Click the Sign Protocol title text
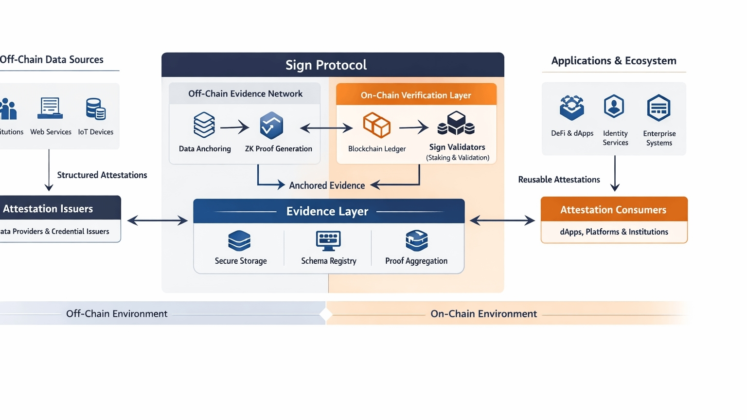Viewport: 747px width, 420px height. click(x=326, y=65)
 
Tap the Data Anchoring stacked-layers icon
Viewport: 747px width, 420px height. click(x=204, y=125)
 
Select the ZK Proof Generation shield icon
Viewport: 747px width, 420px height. click(x=271, y=126)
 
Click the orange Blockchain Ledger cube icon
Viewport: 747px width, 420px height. click(x=377, y=125)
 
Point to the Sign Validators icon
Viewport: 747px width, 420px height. click(x=456, y=124)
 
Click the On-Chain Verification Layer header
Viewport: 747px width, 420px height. click(x=416, y=95)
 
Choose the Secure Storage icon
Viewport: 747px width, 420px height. click(x=239, y=240)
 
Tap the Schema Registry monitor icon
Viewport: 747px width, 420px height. click(x=328, y=240)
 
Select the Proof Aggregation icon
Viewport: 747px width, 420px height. click(x=417, y=240)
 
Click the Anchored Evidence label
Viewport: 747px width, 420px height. click(x=327, y=185)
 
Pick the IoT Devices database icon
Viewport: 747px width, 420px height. click(x=95, y=109)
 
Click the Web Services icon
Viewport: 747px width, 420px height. click(x=50, y=108)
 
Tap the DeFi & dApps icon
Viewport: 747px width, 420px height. click(x=572, y=108)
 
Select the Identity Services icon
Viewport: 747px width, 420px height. click(x=614, y=107)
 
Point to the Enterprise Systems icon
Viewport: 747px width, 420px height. click(x=659, y=108)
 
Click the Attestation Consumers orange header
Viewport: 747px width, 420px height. click(x=614, y=210)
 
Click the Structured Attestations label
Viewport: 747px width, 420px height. click(x=102, y=175)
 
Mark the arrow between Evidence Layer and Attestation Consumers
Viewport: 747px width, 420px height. click(x=502, y=221)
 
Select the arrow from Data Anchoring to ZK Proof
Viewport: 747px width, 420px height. click(x=234, y=128)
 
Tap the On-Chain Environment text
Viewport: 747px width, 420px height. click(x=483, y=314)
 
